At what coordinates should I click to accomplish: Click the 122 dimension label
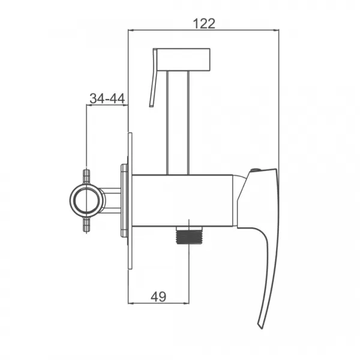point(204,23)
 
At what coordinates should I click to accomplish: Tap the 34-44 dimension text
point(107,98)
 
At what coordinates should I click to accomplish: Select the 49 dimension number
point(158,297)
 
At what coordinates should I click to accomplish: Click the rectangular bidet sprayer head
point(184,59)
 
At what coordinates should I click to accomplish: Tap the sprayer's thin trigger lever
point(153,77)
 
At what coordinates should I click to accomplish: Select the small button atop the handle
point(256,170)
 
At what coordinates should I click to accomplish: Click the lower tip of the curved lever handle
point(260,327)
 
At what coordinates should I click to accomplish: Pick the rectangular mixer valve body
point(182,200)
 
